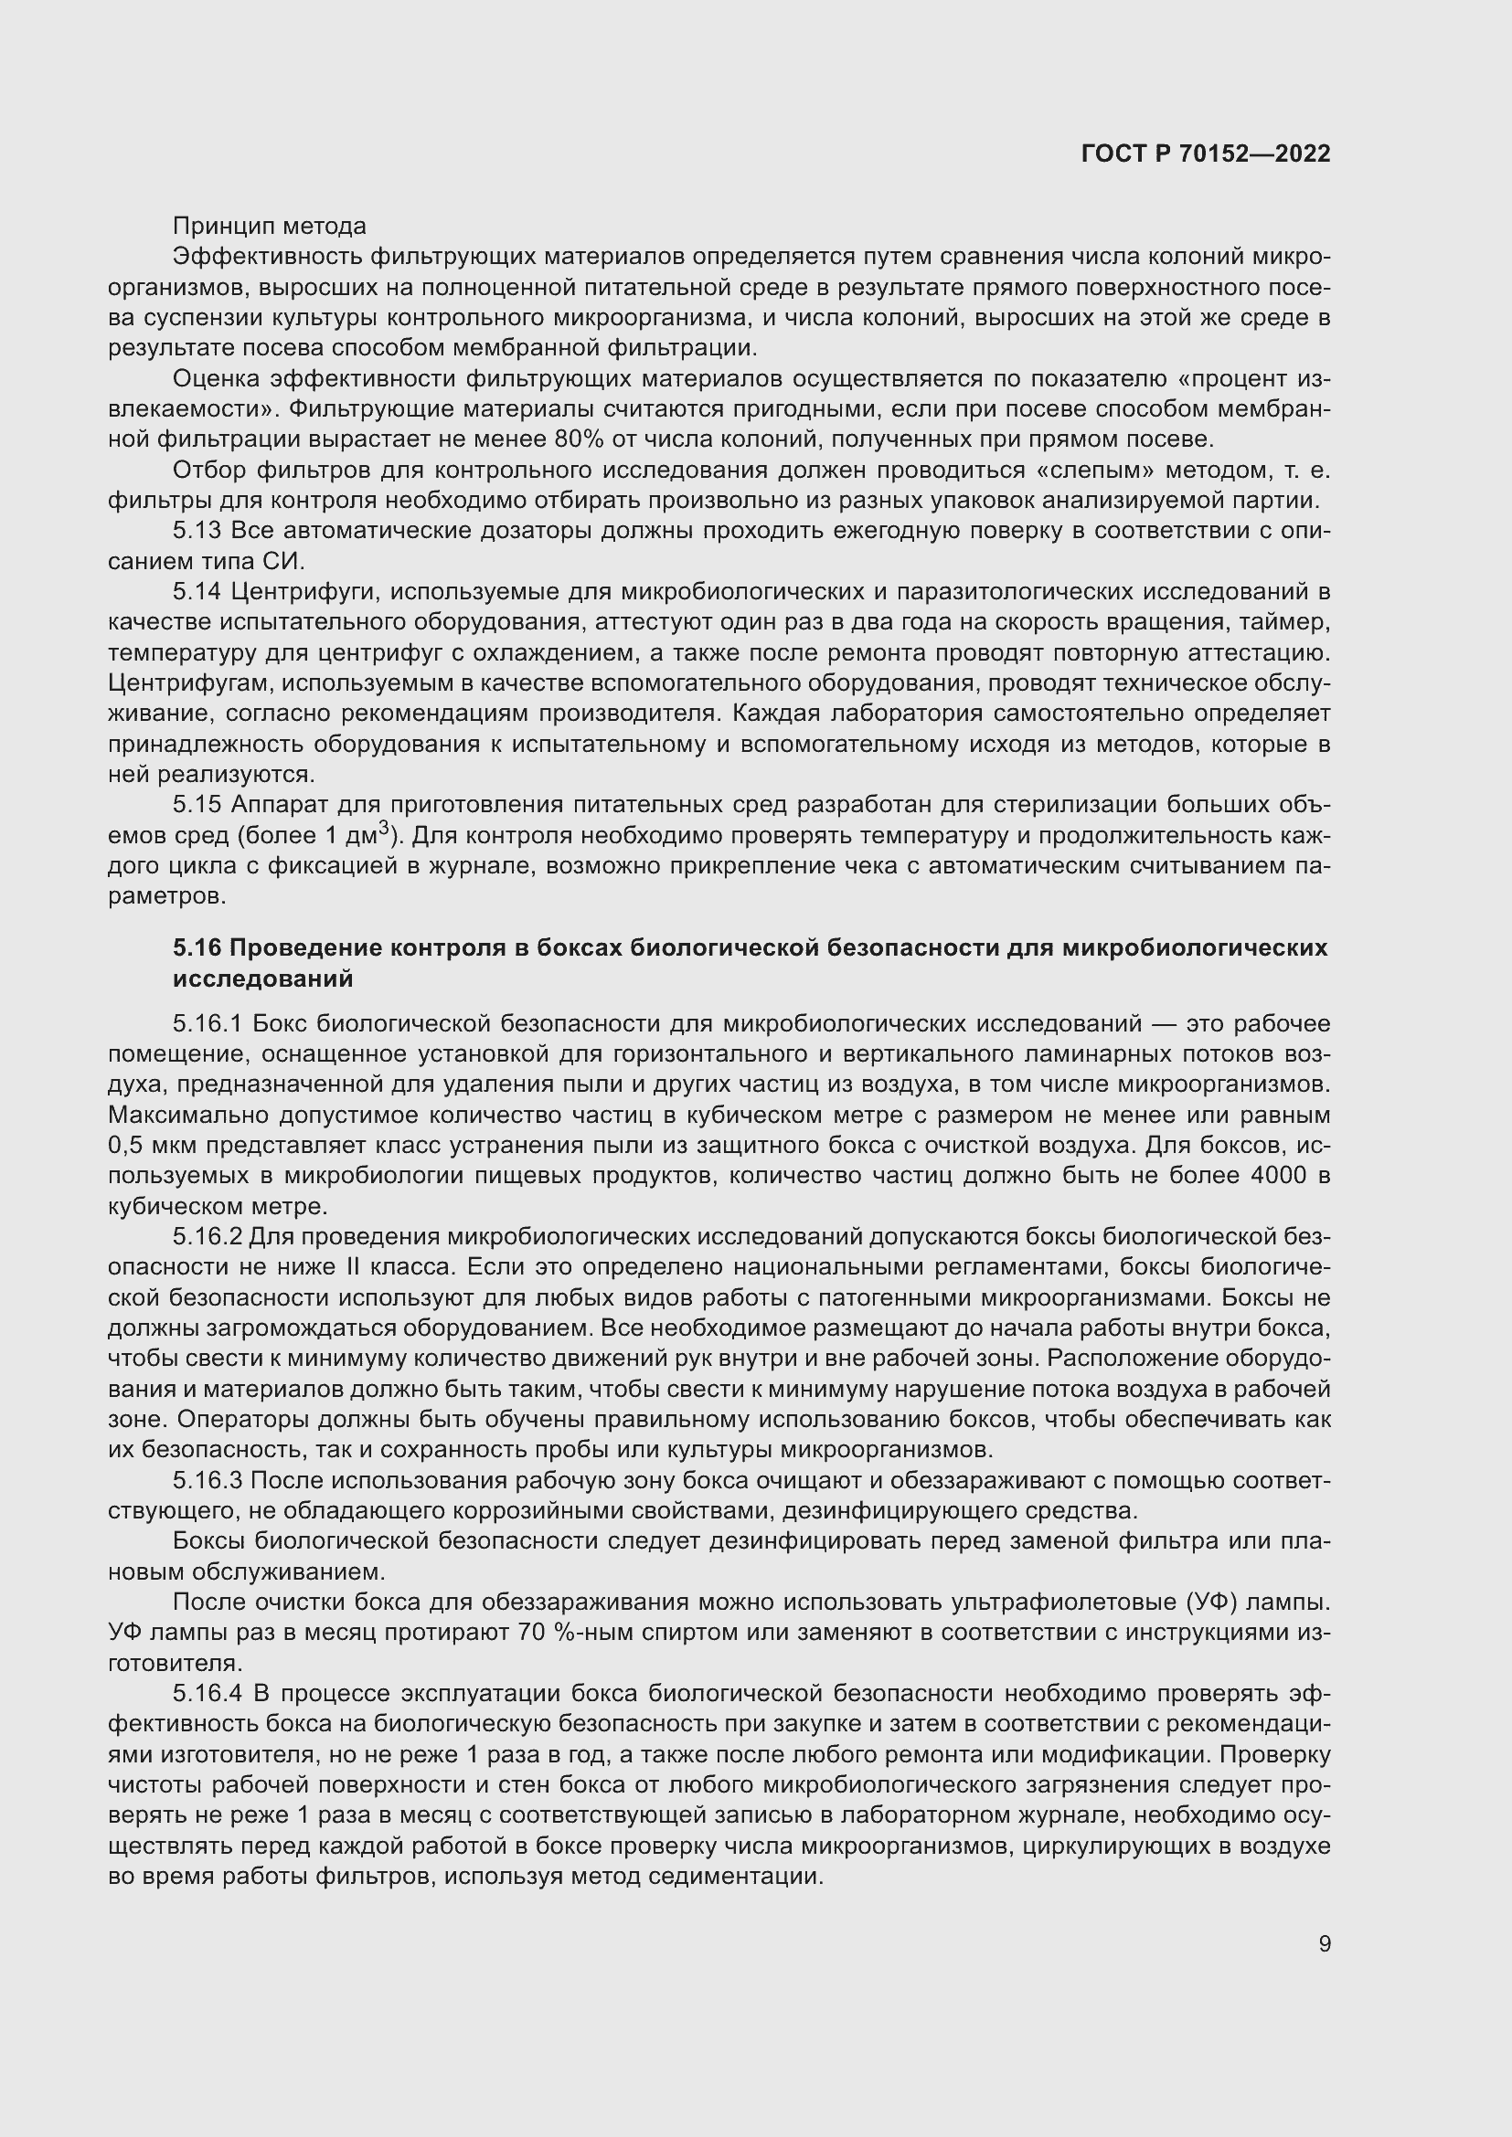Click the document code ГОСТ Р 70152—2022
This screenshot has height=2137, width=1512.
tap(1206, 154)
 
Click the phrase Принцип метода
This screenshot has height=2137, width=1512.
tap(269, 227)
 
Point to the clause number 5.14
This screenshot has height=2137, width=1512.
tap(197, 591)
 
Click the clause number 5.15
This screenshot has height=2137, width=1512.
tap(197, 804)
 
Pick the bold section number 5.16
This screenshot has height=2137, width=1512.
tap(197, 947)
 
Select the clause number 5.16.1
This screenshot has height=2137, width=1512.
tap(207, 1024)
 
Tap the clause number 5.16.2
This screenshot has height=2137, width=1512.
tap(207, 1237)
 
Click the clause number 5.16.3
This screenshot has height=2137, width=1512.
tap(207, 1481)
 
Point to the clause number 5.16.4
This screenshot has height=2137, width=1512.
tap(207, 1694)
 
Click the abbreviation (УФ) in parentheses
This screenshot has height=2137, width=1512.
tap(1213, 1603)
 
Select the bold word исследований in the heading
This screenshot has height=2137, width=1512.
tap(262, 979)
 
